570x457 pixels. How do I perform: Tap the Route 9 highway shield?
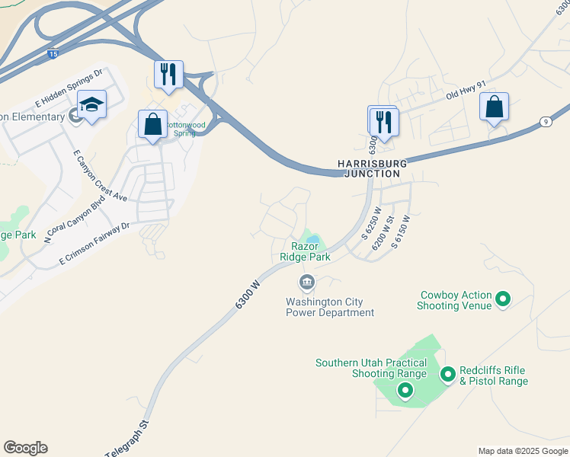click(x=545, y=121)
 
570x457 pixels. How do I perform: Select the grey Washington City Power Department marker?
click(x=307, y=283)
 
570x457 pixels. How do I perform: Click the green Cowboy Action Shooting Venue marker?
click(x=503, y=299)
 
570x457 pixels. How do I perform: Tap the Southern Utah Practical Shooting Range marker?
click(x=405, y=391)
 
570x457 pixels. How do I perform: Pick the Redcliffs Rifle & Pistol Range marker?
click(x=447, y=374)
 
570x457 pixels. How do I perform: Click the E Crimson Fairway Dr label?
click(x=95, y=244)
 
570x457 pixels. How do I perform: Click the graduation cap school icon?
click(x=91, y=106)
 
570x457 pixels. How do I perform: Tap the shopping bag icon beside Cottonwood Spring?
click(x=152, y=124)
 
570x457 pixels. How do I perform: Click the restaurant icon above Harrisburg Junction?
click(x=383, y=122)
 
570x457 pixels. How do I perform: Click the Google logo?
click(x=25, y=448)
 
